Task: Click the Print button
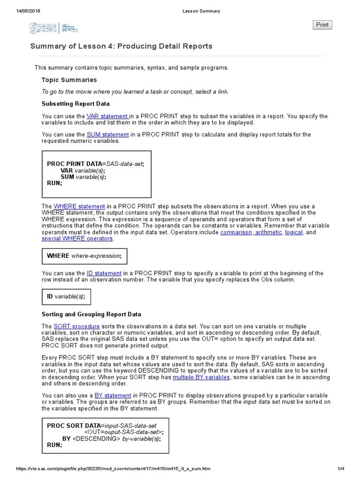tap(322, 25)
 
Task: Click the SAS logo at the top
tap(43, 29)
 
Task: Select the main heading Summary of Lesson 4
tap(121, 46)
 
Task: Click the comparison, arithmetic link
tap(251, 232)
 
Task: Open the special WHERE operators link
tap(77, 239)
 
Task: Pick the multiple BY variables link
tap(201, 377)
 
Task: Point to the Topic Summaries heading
tap(69, 80)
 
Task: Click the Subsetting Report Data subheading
tap(75, 104)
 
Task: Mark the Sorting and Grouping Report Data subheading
tap(91, 314)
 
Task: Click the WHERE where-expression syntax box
tap(84, 256)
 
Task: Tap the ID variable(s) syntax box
tap(66, 297)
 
